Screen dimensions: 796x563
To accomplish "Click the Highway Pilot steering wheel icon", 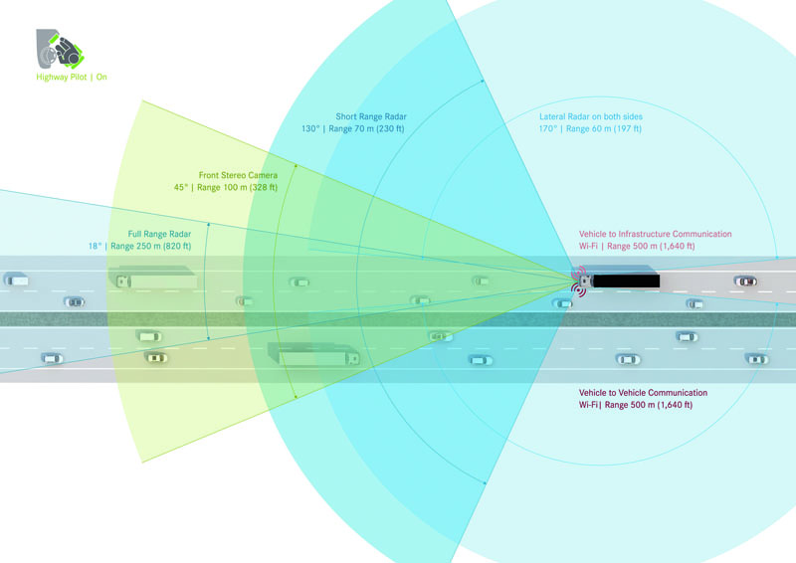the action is click(x=60, y=49).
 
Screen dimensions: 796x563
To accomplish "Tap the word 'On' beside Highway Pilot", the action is click(x=101, y=78).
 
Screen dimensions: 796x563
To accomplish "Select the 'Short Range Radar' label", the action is click(x=371, y=116).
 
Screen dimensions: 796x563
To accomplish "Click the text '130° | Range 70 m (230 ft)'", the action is click(x=353, y=129).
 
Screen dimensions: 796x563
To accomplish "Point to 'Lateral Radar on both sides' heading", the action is click(x=591, y=116).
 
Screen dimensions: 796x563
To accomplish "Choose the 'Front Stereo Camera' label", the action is click(x=238, y=175).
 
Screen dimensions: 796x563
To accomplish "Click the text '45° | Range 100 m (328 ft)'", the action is click(x=226, y=187).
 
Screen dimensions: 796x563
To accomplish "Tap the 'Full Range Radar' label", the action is click(x=159, y=234).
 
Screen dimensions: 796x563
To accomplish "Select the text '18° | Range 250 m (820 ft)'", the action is click(x=139, y=247).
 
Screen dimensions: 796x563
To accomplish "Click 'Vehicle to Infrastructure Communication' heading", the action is click(x=656, y=234).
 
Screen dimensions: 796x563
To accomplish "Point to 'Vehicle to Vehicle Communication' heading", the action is click(x=643, y=393).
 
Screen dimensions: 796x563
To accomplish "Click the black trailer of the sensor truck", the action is click(x=626, y=281).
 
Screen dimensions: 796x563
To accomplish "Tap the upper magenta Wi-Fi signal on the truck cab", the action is click(x=579, y=273).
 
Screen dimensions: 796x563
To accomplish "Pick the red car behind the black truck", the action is click(x=745, y=281).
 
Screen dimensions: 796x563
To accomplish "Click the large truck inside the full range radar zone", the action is click(x=152, y=279).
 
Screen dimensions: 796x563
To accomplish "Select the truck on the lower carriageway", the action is click(x=313, y=355).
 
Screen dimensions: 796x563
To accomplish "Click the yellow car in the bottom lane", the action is click(x=156, y=358).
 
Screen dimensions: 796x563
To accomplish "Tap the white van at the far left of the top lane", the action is click(x=16, y=280).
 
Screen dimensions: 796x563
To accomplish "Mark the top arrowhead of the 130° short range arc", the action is click(x=483, y=81).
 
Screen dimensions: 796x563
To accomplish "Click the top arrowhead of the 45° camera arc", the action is click(x=296, y=165).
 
